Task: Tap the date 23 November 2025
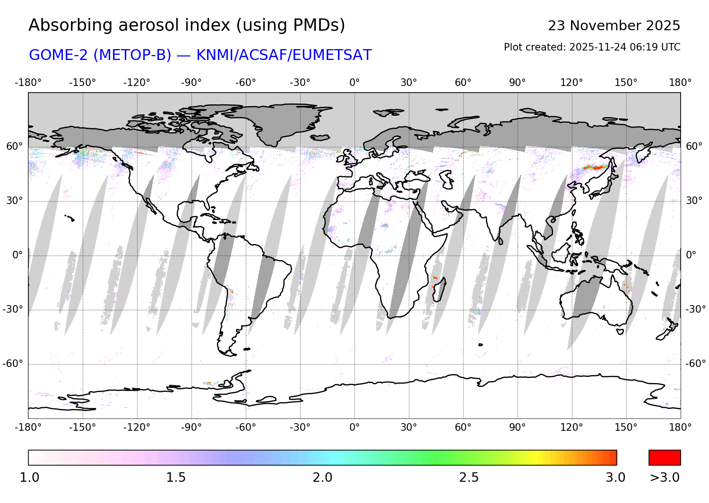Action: pos(614,26)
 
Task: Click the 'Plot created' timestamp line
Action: pos(592,47)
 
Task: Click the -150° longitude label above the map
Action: pos(82,83)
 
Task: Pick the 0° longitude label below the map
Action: pos(354,427)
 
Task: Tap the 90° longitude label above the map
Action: pos(517,83)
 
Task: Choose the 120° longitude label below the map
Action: pos(571,427)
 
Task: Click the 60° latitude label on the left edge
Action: pos(14,146)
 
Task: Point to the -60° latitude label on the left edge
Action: pos(13,364)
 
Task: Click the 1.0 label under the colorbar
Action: pos(29,477)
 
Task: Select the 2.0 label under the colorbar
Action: pos(322,477)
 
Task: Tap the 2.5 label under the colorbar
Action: pos(469,477)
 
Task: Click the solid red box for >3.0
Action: pos(665,458)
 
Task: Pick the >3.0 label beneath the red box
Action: pos(665,477)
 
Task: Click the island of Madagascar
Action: pos(440,290)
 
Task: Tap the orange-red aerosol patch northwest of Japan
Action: pos(596,167)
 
